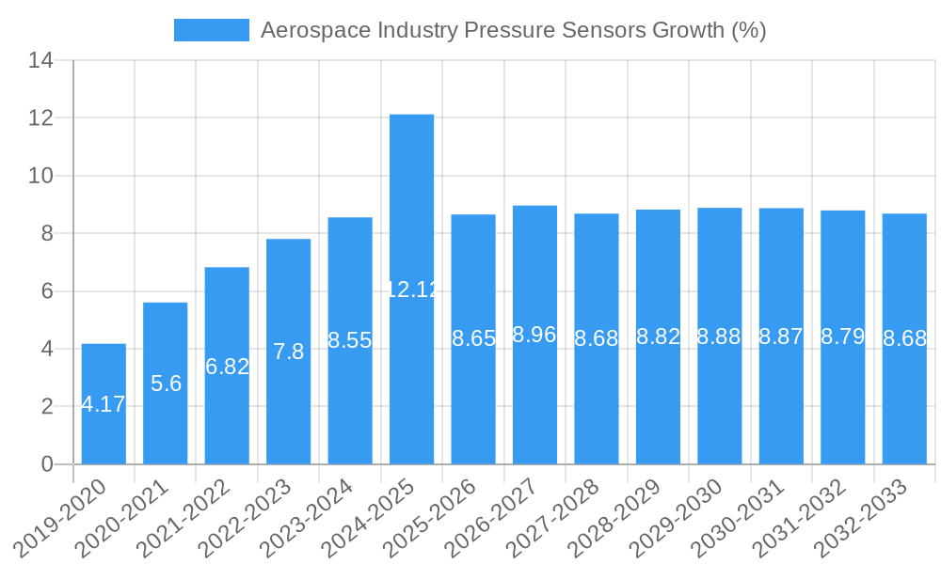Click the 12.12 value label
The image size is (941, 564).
coord(412,290)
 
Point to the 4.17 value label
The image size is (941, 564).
coord(104,405)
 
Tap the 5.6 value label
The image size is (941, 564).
coord(166,384)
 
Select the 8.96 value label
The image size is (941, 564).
coord(534,335)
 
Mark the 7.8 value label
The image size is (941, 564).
coord(288,352)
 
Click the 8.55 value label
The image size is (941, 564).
coord(350,340)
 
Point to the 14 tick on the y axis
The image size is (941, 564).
coord(40,61)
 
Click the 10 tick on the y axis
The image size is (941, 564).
coord(40,176)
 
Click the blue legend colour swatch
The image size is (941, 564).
coord(212,30)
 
